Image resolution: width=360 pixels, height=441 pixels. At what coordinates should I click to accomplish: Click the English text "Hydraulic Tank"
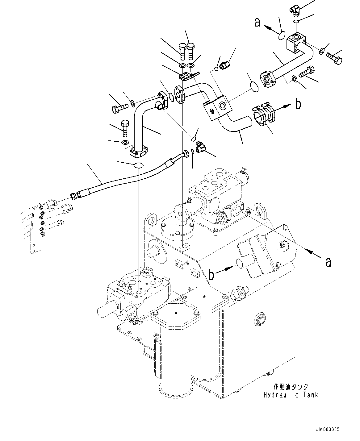(291, 395)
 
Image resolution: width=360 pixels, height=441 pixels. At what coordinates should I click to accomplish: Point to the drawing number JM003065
(330, 430)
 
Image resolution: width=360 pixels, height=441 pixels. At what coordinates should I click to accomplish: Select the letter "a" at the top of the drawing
(257, 22)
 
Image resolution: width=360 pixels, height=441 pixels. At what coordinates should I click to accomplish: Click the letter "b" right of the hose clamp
(298, 105)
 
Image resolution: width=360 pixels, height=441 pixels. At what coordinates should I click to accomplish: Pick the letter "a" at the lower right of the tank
(328, 262)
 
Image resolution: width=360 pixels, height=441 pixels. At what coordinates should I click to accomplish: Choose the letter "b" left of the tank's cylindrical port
(211, 274)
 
